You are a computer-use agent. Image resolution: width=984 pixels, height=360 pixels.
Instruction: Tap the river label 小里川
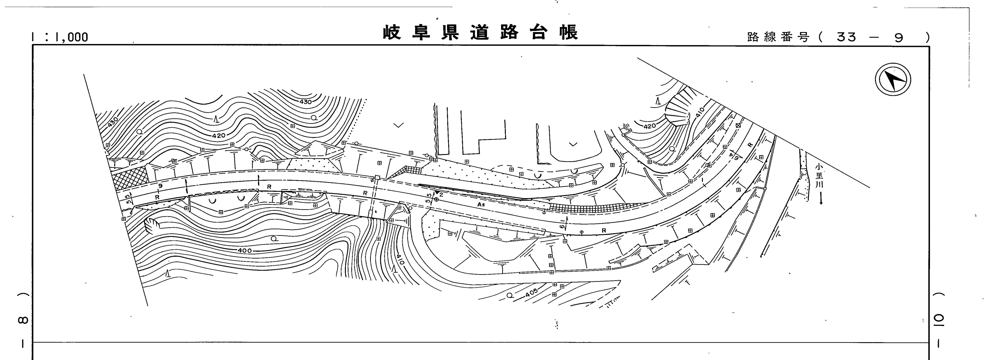(x=819, y=176)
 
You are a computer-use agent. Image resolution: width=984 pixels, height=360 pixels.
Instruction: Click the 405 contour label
(x=531, y=293)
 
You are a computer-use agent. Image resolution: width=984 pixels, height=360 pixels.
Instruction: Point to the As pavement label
(x=481, y=205)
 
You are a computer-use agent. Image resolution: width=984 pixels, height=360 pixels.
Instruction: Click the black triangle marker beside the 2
(x=437, y=192)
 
